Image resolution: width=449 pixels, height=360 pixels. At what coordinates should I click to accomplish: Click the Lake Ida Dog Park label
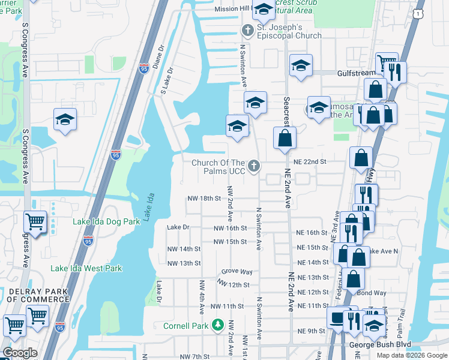point(106,221)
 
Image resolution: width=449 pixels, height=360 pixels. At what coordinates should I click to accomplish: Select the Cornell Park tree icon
point(217,326)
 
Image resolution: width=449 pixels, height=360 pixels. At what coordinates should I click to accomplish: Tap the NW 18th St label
point(204,198)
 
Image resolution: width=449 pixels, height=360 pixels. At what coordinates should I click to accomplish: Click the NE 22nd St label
point(310,162)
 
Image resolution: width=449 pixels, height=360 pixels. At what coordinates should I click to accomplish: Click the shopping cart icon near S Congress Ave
point(35,222)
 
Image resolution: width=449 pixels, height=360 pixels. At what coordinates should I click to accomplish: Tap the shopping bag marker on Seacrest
point(285,138)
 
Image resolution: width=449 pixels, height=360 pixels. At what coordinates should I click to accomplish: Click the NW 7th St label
point(197,356)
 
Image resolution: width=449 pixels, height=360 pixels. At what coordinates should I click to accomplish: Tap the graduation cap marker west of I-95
point(65,119)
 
